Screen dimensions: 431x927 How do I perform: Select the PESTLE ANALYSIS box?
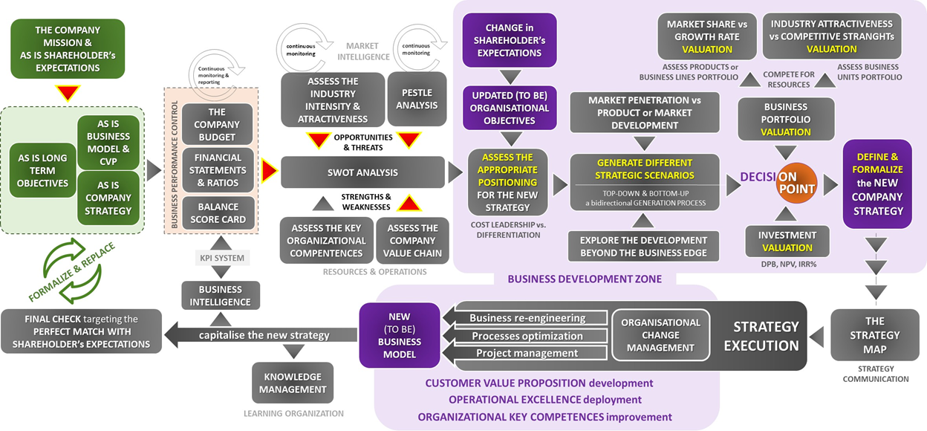pos(417,99)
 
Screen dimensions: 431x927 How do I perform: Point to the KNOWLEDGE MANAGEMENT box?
pos(293,383)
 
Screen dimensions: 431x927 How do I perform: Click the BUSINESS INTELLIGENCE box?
pos(221,295)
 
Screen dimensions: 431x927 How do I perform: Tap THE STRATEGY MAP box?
pos(875,334)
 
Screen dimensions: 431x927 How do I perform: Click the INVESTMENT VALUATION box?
pos(787,241)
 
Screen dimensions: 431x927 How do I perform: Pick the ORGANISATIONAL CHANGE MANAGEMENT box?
pos(660,335)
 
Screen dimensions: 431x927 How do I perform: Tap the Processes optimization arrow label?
pos(527,336)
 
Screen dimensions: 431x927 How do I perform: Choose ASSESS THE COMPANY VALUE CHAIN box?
pos(412,240)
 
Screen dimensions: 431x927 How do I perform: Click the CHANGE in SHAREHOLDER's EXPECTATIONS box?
pos(509,40)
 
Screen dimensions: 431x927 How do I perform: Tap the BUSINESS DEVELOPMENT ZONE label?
pos(584,279)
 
